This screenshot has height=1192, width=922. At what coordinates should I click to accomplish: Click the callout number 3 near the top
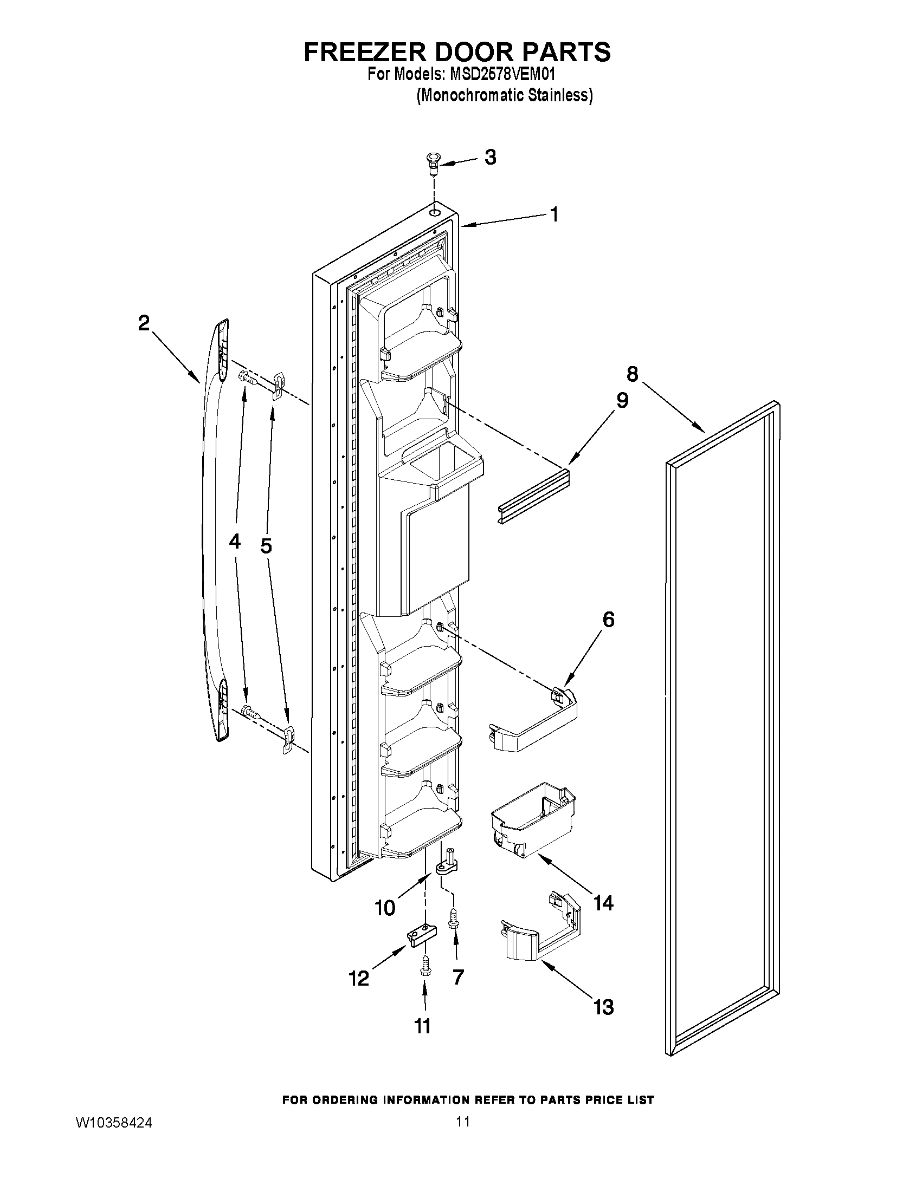pos(491,157)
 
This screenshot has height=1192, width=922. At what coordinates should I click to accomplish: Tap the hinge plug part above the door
pos(433,163)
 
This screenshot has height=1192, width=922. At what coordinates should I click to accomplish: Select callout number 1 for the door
pos(553,214)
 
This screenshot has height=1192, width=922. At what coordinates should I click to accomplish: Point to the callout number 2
pos(143,323)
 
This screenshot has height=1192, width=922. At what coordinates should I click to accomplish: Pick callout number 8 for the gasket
pos(631,374)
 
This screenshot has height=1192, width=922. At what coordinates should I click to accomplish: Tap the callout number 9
pos(622,400)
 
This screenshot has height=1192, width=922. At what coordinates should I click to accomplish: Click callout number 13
pos(603,1007)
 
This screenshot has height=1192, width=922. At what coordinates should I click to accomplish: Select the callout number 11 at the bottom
pos(423,1026)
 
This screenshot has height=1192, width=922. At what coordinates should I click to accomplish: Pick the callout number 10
pos(385,908)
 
